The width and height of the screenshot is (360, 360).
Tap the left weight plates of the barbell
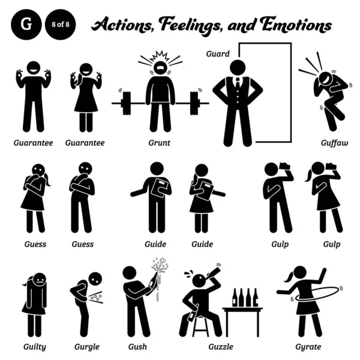click(125, 103)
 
